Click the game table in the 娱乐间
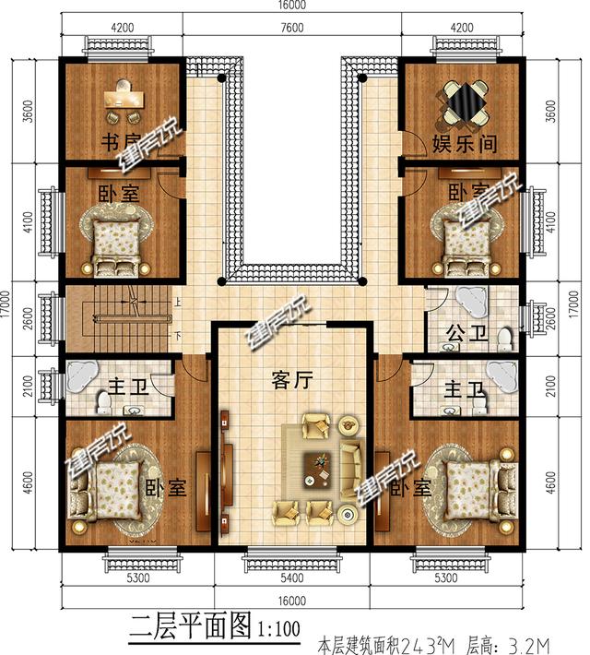click(x=465, y=103)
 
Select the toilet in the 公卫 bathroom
click(x=503, y=339)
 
